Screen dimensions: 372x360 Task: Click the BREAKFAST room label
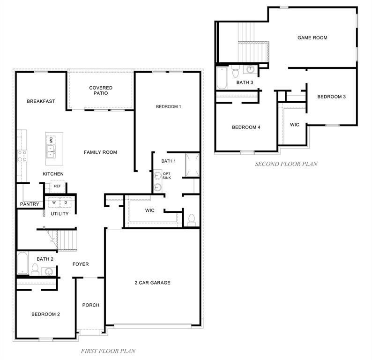point(41,101)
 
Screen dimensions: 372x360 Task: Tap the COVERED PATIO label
point(101,90)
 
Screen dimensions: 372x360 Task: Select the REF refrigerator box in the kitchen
point(58,186)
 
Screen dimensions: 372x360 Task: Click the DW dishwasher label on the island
point(51,140)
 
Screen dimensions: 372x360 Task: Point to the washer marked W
point(54,202)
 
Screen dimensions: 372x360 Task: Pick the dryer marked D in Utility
point(66,202)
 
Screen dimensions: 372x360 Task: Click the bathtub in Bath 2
point(22,263)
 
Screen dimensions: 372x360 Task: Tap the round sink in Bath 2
point(49,271)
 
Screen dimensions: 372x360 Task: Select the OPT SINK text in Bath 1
point(166,176)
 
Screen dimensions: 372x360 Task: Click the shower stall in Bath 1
point(192,165)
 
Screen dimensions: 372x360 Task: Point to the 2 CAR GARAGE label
point(153,283)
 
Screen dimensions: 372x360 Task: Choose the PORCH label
point(90,305)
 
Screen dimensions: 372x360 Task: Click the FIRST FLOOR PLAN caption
point(108,351)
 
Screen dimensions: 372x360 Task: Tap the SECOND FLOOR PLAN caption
point(286,164)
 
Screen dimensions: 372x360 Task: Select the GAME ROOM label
point(312,37)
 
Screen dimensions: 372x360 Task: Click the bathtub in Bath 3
point(222,78)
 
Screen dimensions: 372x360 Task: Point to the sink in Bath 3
point(250,69)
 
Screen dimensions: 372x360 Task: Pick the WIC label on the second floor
point(295,125)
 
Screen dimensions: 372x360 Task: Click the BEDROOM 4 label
point(246,127)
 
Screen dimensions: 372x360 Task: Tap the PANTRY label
point(30,204)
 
